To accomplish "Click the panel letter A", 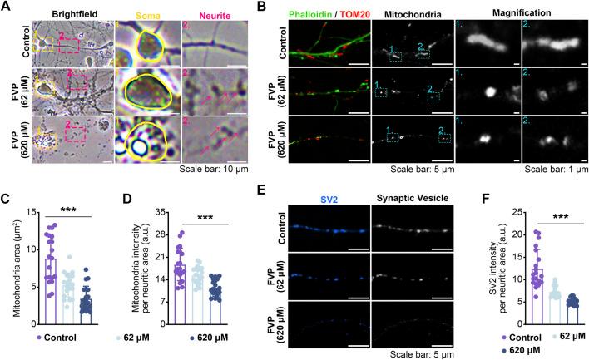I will click(x=7, y=7).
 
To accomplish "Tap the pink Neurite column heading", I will click(x=213, y=16).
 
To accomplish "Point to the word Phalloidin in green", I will click(x=313, y=15).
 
